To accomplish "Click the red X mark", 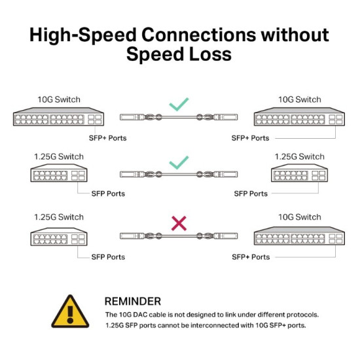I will pos(178,224).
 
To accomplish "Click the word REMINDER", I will pos(132,301).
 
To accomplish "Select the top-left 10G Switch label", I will pos(58,99).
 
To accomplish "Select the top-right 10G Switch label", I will pos(299,99).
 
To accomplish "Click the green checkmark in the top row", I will pos(179,104).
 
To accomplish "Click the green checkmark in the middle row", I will pos(179,162).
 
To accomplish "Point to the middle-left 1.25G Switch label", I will pos(58,157).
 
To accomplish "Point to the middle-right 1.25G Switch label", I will pos(299,157).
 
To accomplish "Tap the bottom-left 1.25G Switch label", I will pos(58,217).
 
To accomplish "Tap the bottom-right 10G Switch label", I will pos(299,217).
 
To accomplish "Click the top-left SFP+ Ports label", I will pos(108,138).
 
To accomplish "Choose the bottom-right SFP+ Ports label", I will pos(251,257).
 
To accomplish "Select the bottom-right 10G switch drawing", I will pos(299,237).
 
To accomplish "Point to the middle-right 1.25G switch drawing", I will pos(299,175).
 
